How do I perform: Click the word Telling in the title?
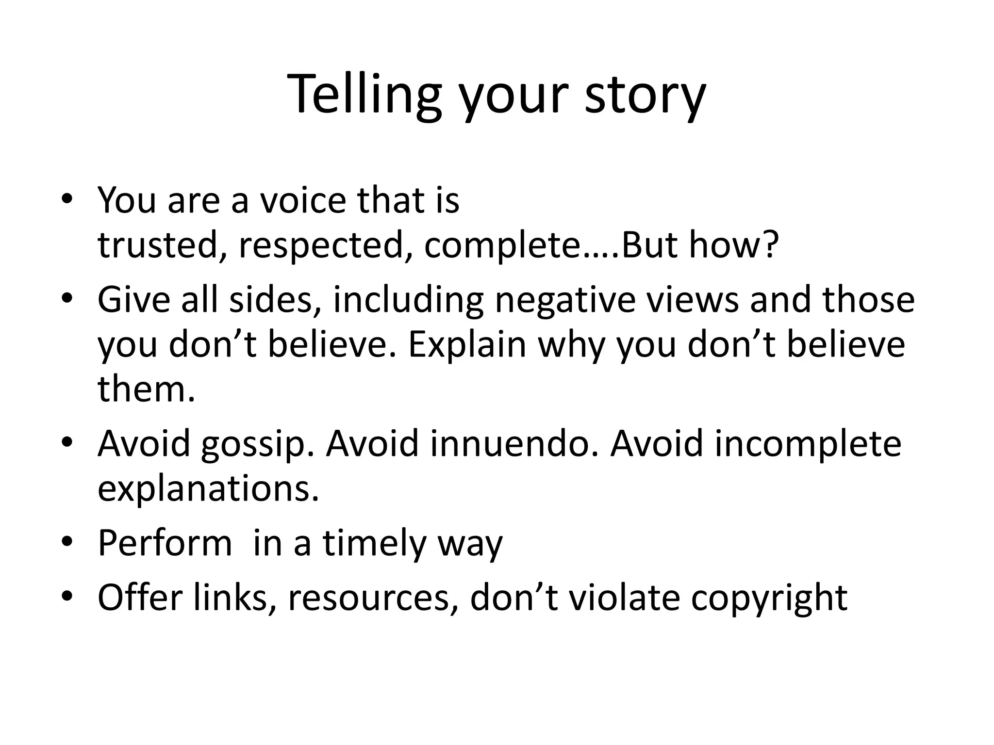[364, 95]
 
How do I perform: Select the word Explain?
[467, 345]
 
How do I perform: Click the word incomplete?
[807, 444]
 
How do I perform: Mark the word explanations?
[208, 489]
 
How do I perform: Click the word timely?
[374, 544]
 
